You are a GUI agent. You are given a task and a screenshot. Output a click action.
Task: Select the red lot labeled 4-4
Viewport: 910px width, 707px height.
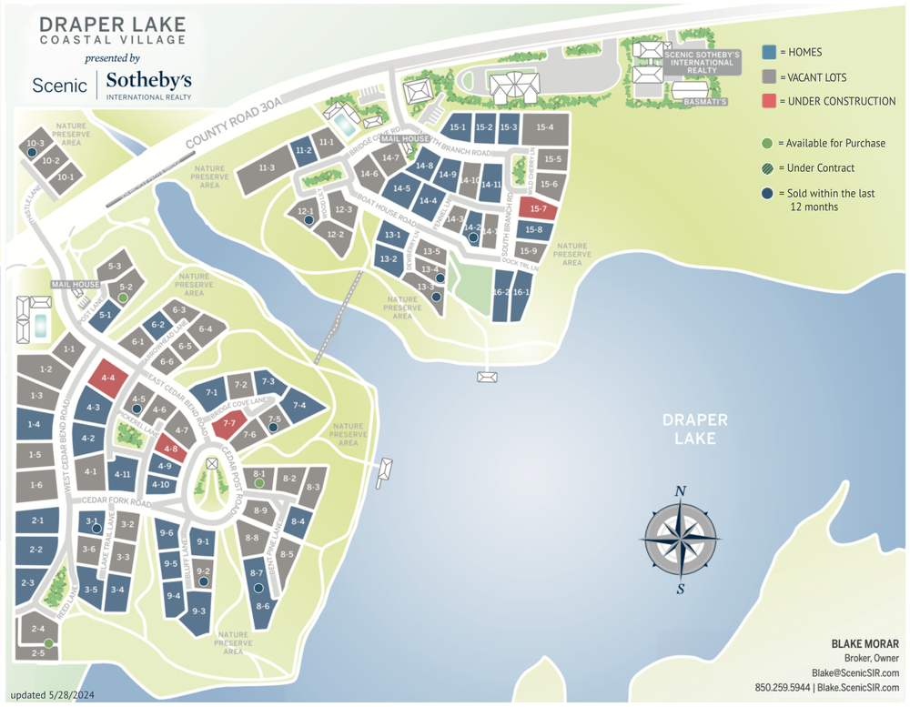click(x=108, y=378)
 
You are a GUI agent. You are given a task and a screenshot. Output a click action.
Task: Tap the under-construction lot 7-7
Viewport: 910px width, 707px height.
click(x=228, y=423)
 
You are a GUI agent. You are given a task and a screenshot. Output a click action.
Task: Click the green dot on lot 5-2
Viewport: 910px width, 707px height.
click(x=123, y=298)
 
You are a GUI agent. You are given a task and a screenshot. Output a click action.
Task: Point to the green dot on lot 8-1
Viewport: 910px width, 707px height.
click(x=259, y=484)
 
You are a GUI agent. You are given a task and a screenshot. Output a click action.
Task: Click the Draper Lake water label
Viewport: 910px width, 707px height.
click(x=695, y=429)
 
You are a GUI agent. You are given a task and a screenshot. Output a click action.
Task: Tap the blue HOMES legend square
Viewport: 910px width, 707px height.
click(x=768, y=52)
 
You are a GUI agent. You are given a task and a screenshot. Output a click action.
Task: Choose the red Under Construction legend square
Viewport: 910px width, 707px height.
click(x=768, y=101)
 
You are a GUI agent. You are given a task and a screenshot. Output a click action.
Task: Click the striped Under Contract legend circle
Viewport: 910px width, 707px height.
click(x=768, y=167)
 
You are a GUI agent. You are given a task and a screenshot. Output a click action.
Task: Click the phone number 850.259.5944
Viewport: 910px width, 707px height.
click(x=783, y=687)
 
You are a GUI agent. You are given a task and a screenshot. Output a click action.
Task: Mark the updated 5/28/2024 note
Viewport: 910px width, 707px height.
click(x=54, y=696)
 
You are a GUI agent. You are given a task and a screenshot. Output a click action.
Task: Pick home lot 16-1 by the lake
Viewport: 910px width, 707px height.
click(x=521, y=293)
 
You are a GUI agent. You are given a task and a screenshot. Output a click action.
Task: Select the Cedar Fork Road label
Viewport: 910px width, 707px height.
click(x=115, y=501)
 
